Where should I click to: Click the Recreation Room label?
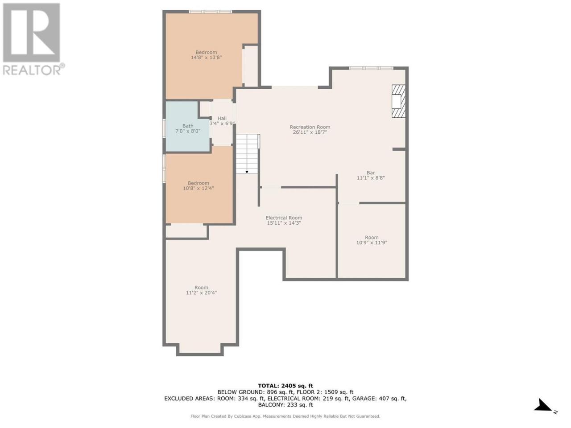(310, 127)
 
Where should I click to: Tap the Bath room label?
(187, 126)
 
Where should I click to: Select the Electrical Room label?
(284, 218)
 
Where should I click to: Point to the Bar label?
(371, 173)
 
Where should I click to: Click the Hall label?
(222, 118)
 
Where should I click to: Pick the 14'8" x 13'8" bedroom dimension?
(206, 58)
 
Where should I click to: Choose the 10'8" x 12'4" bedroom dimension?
(198, 188)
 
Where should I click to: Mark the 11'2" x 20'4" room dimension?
(201, 292)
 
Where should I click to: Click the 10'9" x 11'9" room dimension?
(372, 243)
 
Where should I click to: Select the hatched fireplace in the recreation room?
(398, 101)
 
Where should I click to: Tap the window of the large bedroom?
(210, 12)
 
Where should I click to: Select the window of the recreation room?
(371, 68)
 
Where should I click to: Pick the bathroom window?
(164, 128)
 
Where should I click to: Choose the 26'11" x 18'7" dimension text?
(310, 132)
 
